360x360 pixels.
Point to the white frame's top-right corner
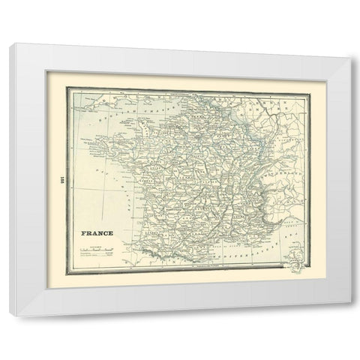coord(351,46)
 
